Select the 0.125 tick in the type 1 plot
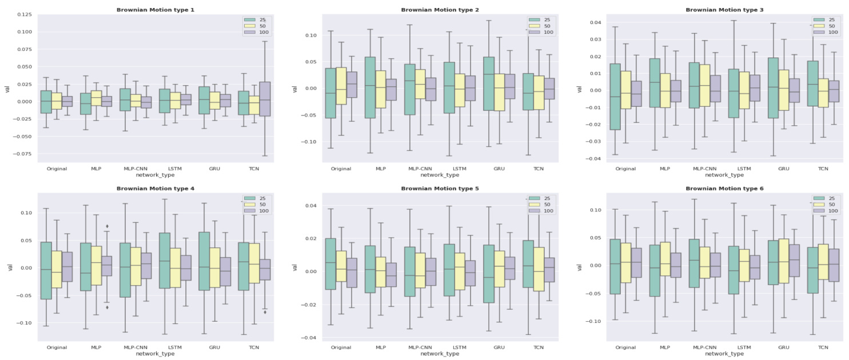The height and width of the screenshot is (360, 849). click(x=23, y=14)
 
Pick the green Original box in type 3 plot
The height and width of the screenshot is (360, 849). click(x=615, y=97)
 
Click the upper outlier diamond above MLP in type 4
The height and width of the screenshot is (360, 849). click(x=107, y=226)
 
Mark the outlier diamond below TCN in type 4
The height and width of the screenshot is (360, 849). click(x=265, y=312)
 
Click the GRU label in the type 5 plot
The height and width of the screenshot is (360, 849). click(x=499, y=347)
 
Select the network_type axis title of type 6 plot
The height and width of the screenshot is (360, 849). click(x=724, y=354)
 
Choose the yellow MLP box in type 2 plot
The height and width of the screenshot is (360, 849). click(x=380, y=89)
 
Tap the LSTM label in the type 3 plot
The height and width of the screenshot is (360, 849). click(x=744, y=169)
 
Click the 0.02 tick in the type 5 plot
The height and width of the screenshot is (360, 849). click(x=308, y=238)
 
